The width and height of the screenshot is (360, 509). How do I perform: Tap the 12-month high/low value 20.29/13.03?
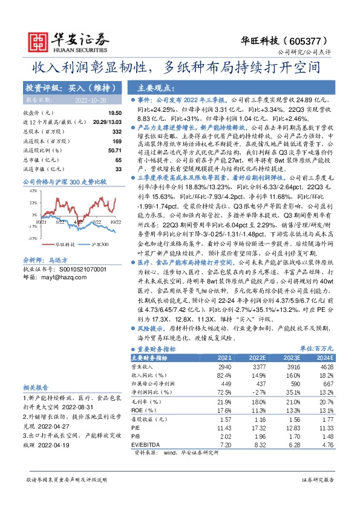point(106,123)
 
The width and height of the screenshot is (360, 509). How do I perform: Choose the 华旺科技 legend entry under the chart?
point(64,245)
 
